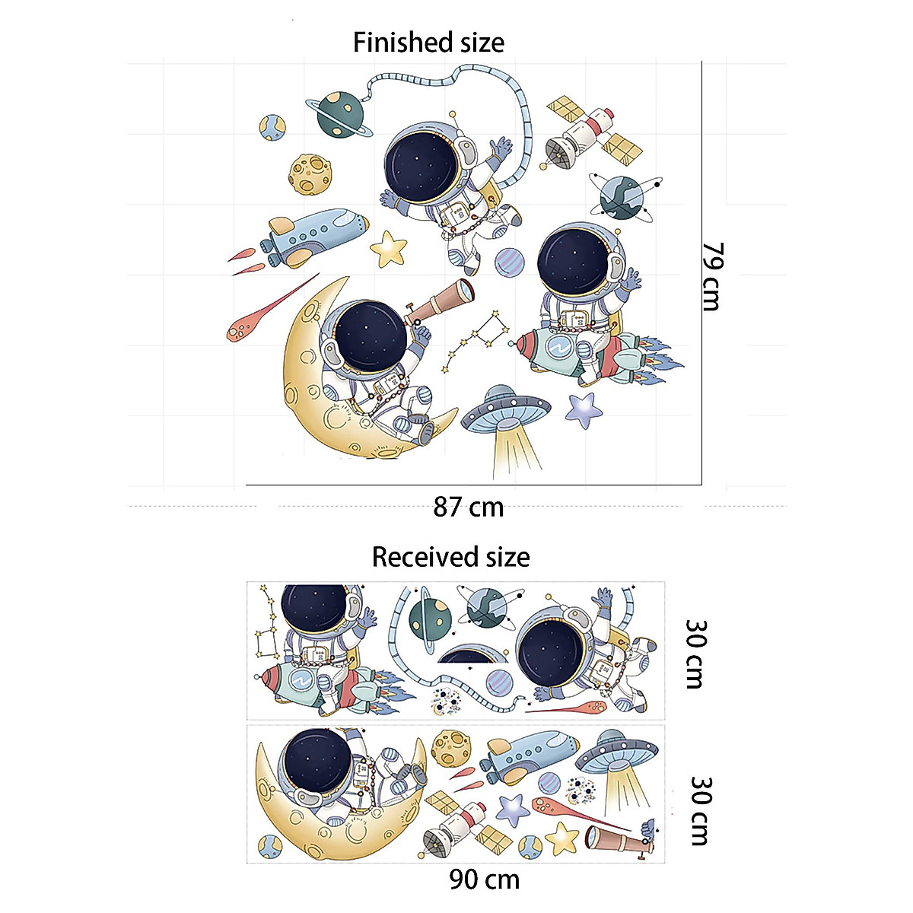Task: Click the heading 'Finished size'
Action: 428,42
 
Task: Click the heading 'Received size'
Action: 450,557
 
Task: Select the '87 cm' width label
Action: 469,507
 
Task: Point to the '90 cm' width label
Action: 484,880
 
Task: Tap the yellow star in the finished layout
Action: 390,248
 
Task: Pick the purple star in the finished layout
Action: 584,411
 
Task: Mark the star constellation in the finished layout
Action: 476,339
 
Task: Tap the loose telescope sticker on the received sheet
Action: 617,838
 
